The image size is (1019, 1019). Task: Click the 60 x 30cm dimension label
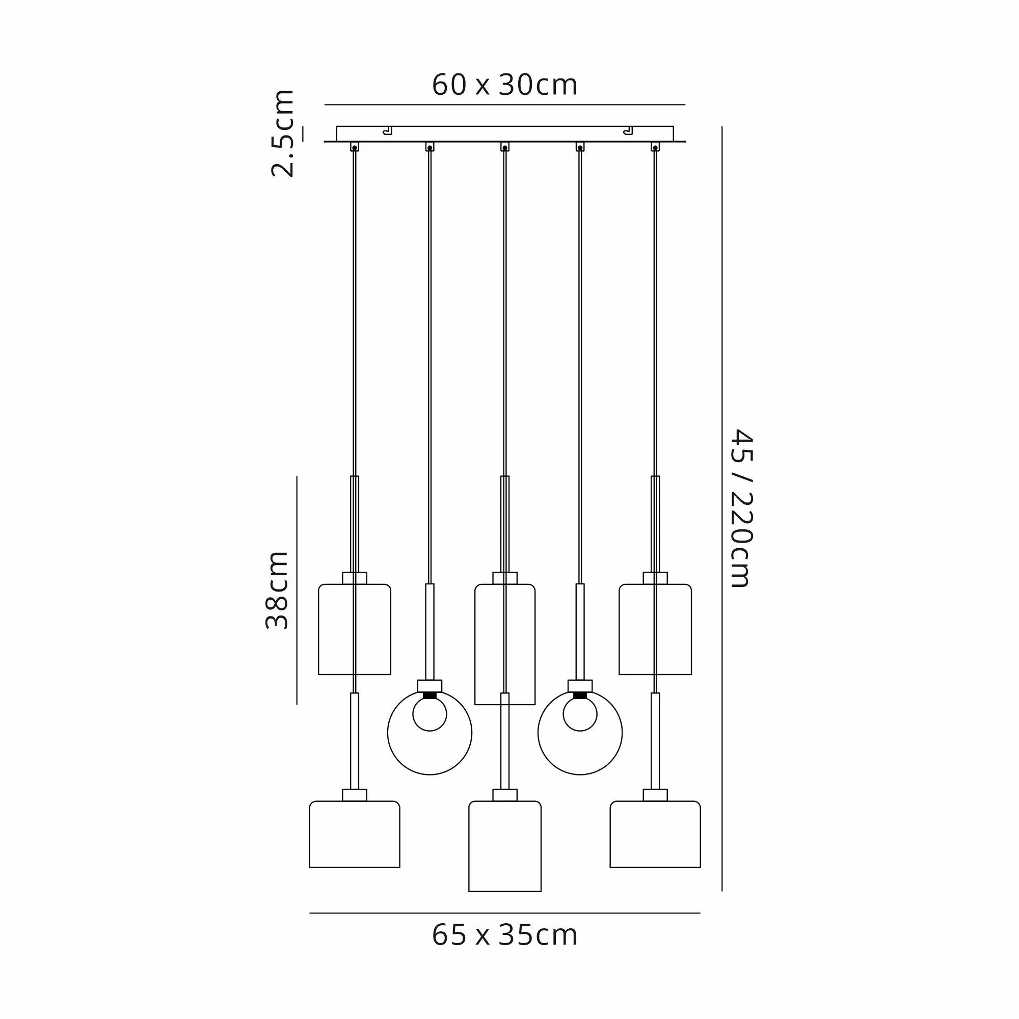tap(505, 85)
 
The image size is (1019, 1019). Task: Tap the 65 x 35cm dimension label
tap(505, 935)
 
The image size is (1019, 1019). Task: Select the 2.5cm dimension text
tap(283, 133)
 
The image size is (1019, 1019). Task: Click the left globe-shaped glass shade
tap(388, 733)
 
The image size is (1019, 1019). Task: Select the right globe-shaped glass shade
tap(538, 733)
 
